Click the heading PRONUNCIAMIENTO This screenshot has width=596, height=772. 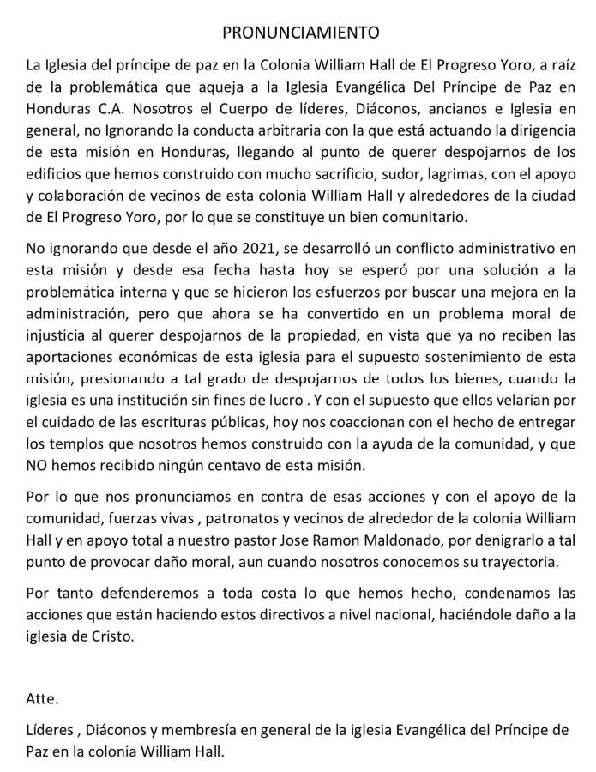(300, 33)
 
